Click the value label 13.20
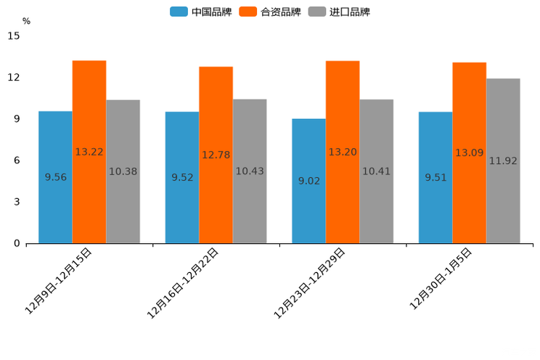click(343, 152)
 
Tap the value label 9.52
click(182, 177)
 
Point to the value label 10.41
click(376, 172)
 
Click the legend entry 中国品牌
click(200, 12)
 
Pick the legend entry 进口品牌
click(340, 12)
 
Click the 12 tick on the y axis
click(15, 78)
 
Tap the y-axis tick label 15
click(15, 36)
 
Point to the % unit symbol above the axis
click(26, 22)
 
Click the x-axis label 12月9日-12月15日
click(60, 280)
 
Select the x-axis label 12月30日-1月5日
click(441, 278)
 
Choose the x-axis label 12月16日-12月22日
click(184, 282)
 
